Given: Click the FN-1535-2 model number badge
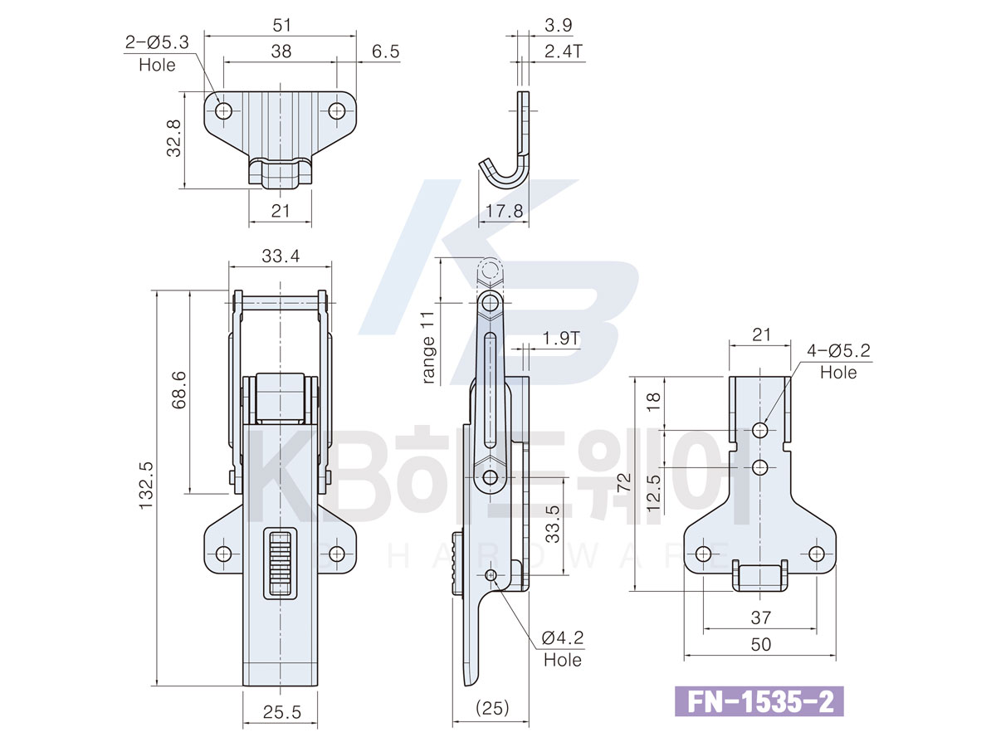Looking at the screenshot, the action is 759,702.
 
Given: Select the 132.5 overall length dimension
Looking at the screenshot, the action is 147,486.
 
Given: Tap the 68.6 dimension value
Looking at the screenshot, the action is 179,390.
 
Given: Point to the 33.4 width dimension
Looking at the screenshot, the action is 281,256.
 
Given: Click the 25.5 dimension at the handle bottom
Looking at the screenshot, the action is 281,712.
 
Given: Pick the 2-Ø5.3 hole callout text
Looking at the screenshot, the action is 157,53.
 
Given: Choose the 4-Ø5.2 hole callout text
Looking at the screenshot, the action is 838,361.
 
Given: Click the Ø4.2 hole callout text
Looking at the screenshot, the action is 563,649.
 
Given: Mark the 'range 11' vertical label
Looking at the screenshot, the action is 427,348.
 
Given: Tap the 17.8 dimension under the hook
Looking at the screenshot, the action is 504,211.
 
